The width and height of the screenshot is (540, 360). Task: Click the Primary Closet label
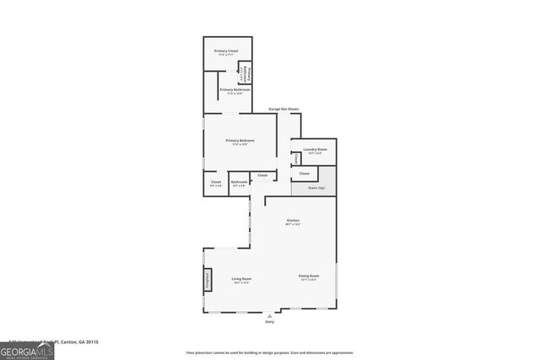(x=226, y=51)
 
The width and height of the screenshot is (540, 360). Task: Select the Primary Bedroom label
(x=240, y=140)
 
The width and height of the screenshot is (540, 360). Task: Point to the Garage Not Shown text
(x=283, y=109)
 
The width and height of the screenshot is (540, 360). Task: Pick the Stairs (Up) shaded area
(x=316, y=188)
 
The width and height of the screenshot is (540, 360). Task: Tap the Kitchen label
(x=293, y=221)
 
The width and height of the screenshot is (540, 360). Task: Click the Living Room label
(x=241, y=279)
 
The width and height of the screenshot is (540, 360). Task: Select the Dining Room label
(x=309, y=276)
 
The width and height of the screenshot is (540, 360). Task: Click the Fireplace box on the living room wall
(x=206, y=280)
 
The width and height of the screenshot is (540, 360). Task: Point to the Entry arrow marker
(x=270, y=315)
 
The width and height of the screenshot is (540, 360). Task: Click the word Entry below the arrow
(x=270, y=322)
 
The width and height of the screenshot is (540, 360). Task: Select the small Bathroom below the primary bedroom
(x=239, y=183)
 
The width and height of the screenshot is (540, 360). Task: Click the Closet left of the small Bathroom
(x=215, y=183)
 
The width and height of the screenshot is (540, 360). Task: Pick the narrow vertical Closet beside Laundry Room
(x=296, y=159)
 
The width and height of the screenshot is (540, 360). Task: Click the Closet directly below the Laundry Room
(x=305, y=174)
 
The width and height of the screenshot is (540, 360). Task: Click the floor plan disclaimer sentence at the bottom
(x=270, y=353)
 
